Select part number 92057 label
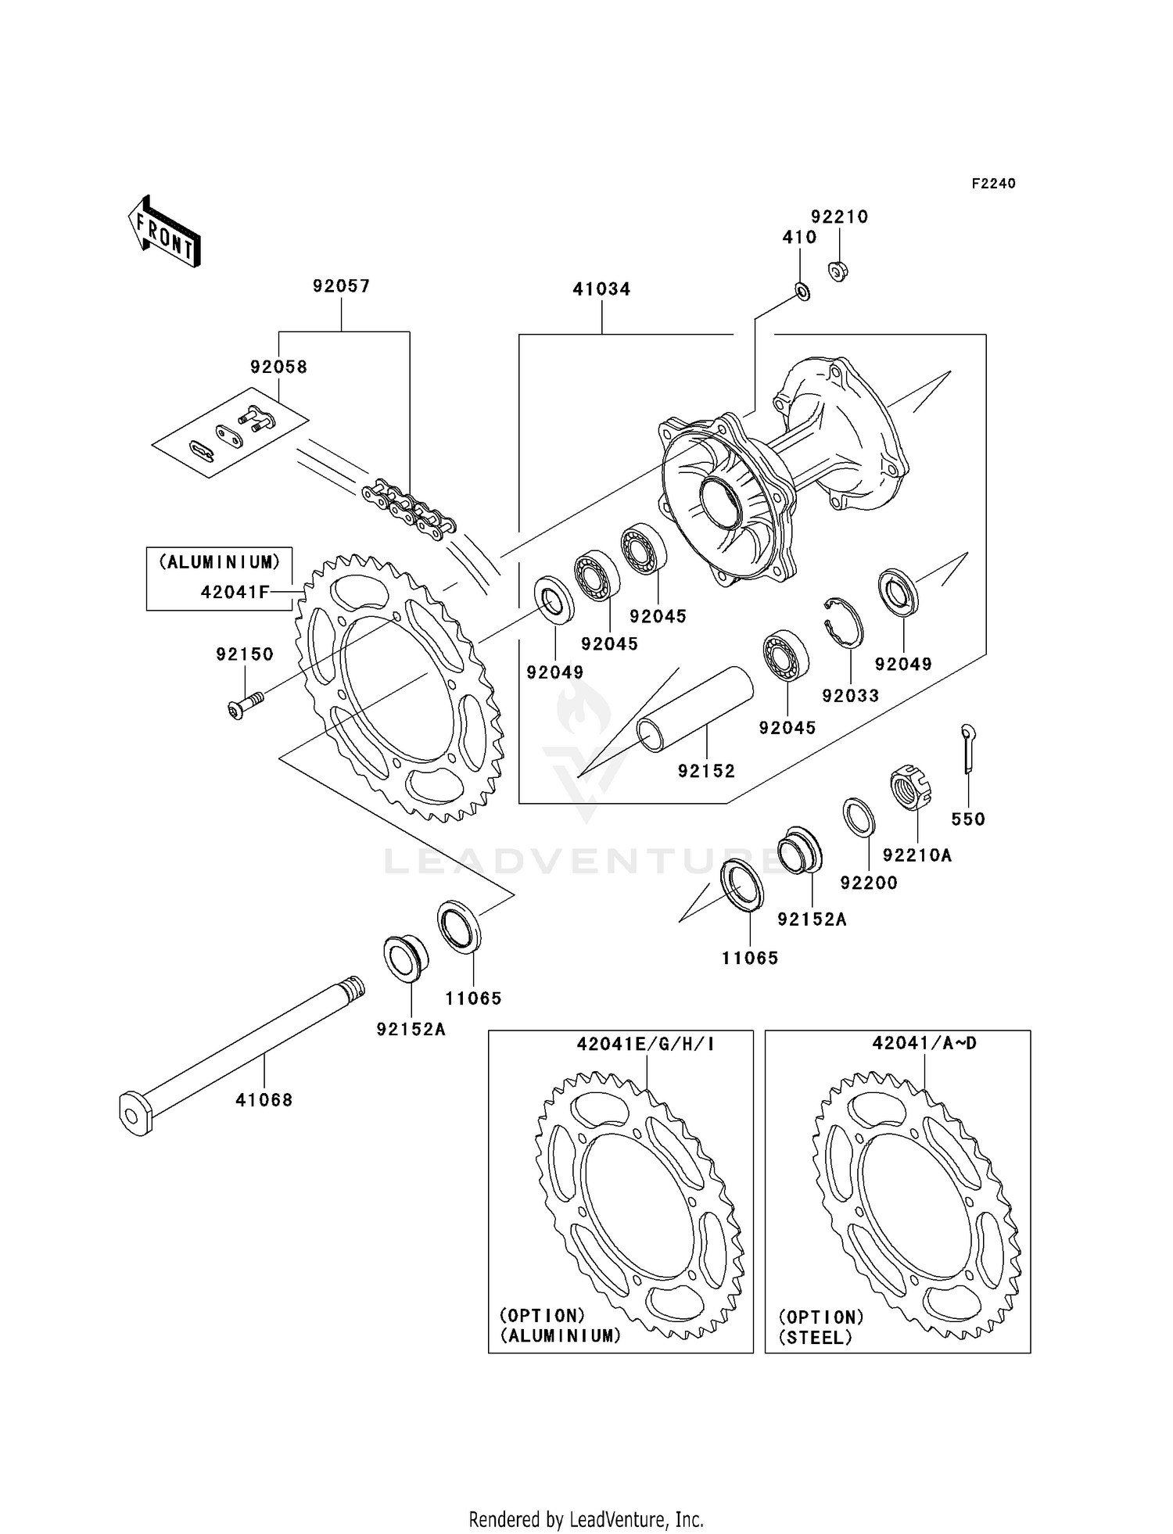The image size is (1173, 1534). point(342,286)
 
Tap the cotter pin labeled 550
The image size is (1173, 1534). point(968,747)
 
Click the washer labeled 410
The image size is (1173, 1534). point(802,292)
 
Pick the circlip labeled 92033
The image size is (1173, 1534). point(845,622)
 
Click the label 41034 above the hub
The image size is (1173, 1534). point(601,289)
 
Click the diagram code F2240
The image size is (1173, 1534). point(993,184)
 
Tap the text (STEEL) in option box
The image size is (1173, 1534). point(816,1338)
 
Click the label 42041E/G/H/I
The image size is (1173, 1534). point(646,1044)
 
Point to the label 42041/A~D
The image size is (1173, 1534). point(924,1043)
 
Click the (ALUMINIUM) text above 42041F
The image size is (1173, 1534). point(220,562)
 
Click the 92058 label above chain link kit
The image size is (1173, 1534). point(278,367)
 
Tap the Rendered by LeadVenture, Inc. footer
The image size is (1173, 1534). point(586,1519)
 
